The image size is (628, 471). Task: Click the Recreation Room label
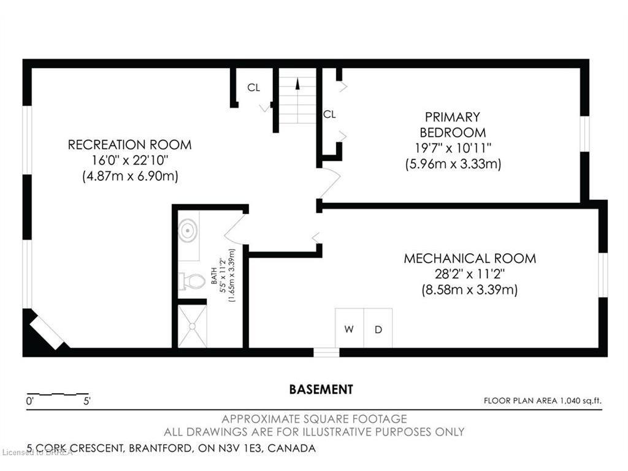tap(130, 145)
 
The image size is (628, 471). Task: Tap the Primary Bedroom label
tap(453, 124)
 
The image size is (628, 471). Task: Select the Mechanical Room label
tap(470, 258)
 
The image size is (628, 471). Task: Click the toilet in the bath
tap(191, 281)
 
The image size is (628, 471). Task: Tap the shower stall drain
tap(192, 326)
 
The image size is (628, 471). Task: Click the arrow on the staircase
tap(297, 83)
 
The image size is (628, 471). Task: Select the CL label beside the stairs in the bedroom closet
tap(329, 115)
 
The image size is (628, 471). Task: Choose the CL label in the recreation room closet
tap(253, 87)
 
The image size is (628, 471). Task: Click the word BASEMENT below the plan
tap(321, 389)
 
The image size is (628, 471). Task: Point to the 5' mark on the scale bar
tap(87, 401)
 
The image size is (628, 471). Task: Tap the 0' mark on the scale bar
tap(29, 401)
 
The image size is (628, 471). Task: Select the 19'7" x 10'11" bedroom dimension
tap(453, 148)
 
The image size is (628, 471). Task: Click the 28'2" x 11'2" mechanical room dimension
tap(470, 274)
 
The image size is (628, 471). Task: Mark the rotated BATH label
tap(214, 276)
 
